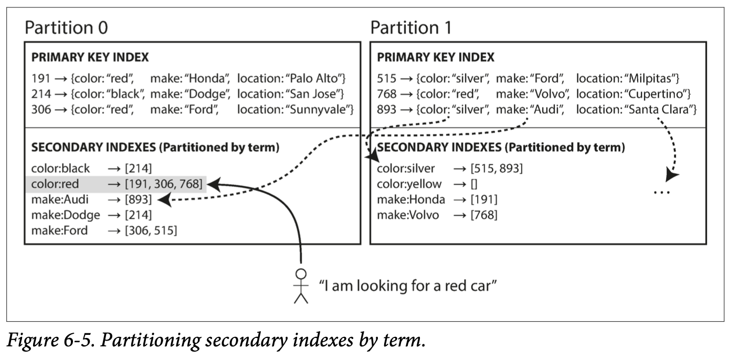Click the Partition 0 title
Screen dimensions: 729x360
(x=66, y=27)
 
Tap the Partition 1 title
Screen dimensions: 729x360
(x=411, y=27)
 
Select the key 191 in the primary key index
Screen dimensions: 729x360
(x=41, y=78)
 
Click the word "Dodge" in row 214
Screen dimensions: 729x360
(x=208, y=94)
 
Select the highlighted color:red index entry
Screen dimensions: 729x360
(x=116, y=184)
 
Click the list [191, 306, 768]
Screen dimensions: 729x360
(x=164, y=184)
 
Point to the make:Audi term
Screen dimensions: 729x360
(x=60, y=199)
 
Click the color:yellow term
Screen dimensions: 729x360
(x=409, y=184)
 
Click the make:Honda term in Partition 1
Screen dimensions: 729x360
(x=411, y=199)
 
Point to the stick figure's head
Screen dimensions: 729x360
(x=301, y=274)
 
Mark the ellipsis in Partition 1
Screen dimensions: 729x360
(x=662, y=193)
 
